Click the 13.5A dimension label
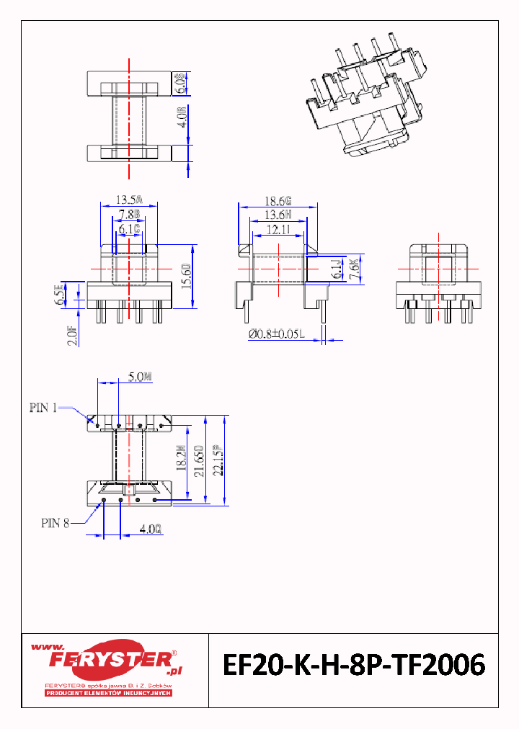pos(130,200)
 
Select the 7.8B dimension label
pos(130,214)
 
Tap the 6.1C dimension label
pos(129,229)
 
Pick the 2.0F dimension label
pos(72,336)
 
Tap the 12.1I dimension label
pos(277,229)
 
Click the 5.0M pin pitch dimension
pos(140,376)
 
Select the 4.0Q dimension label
pos(151,529)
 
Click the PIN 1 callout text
pos(43,408)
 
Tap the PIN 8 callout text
pos(55,524)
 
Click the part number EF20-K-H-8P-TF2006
pos(353,666)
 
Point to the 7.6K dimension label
pos(353,269)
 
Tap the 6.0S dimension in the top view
pos(182,84)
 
